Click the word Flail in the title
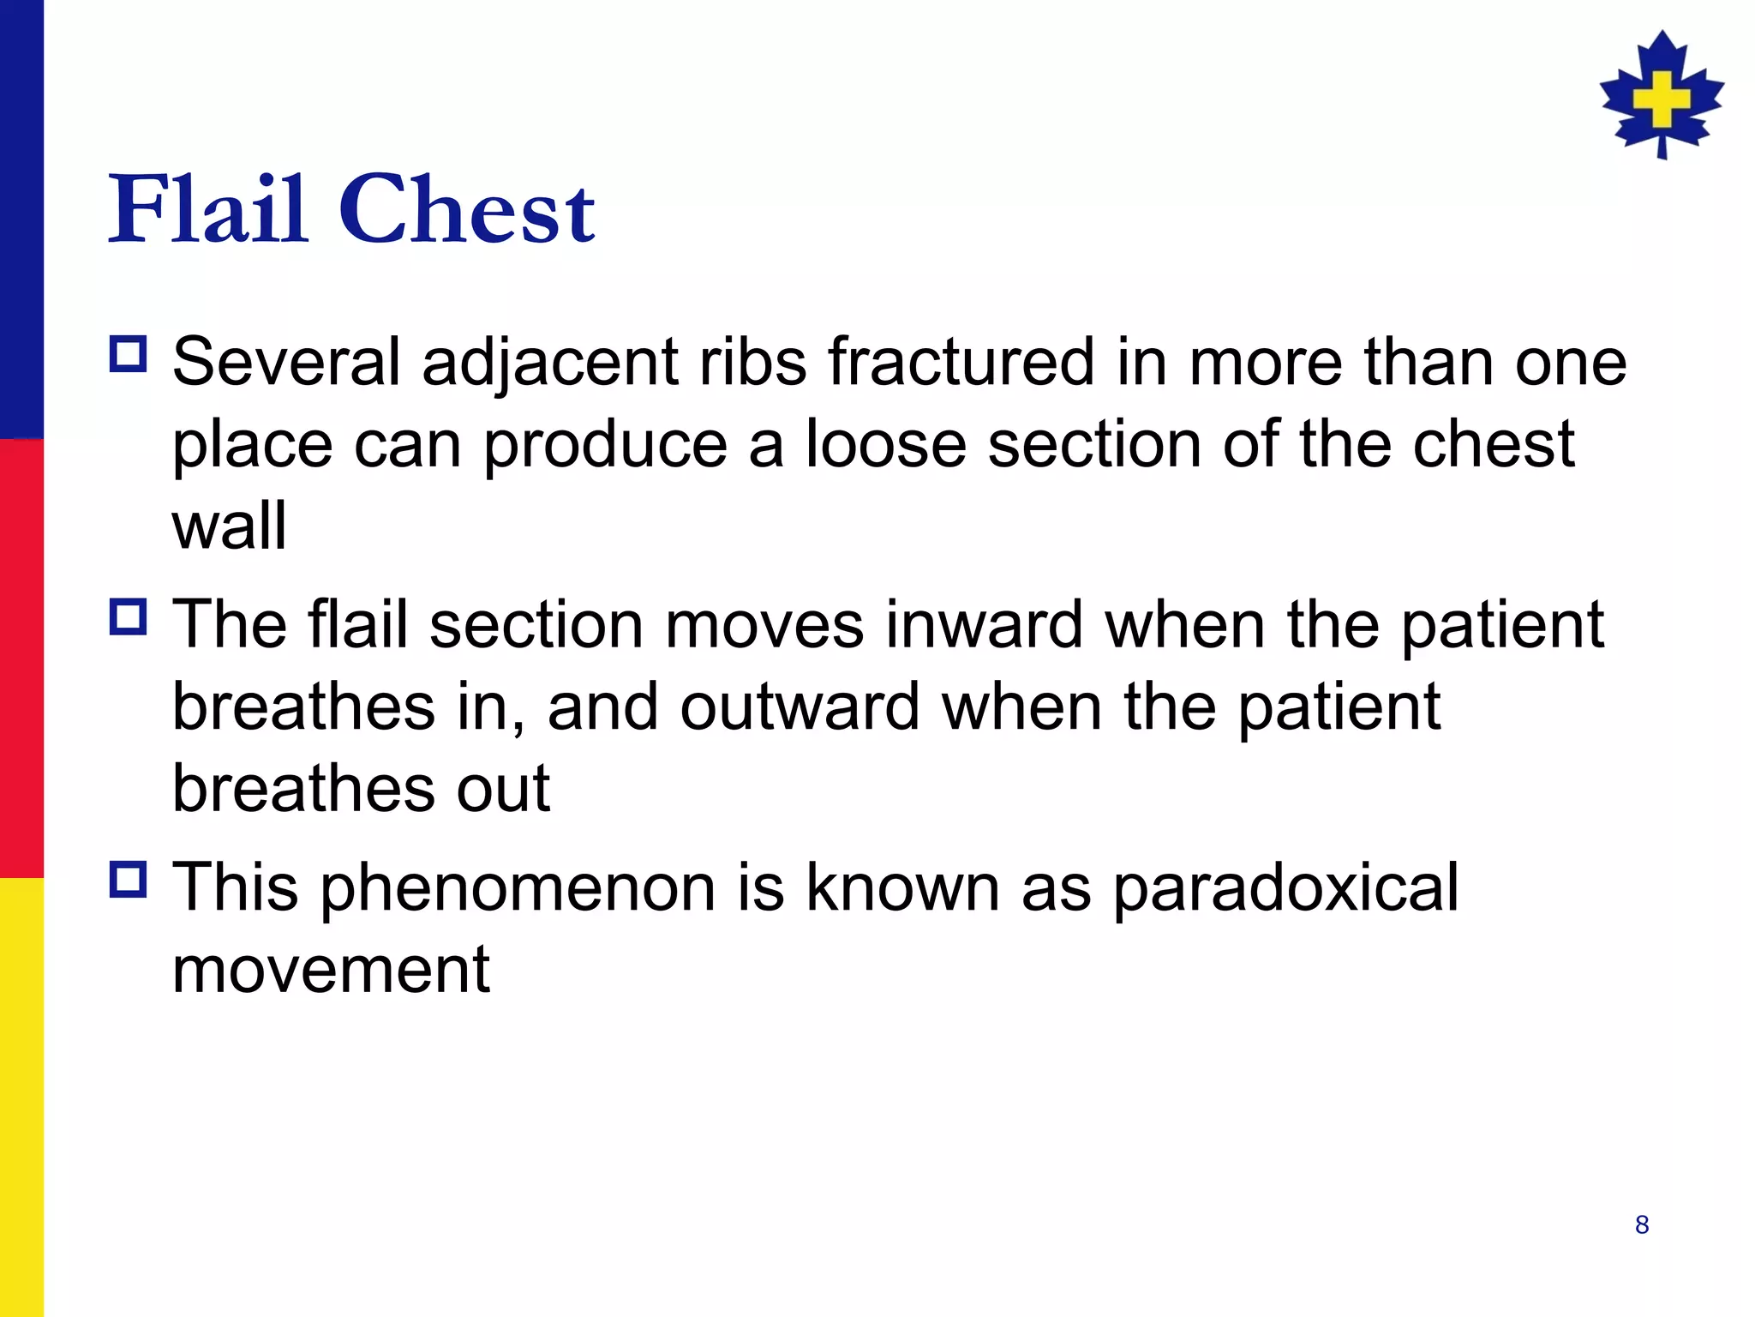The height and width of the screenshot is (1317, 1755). pyautogui.click(x=207, y=210)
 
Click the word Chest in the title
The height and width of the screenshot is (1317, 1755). pyautogui.click(x=467, y=210)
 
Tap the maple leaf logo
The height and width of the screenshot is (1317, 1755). pyautogui.click(x=1662, y=95)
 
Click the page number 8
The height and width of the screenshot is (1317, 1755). pyautogui.click(x=1642, y=1224)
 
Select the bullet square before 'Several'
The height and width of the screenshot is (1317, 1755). pyautogui.click(x=129, y=353)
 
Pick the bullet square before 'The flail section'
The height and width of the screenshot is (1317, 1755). pyautogui.click(x=129, y=616)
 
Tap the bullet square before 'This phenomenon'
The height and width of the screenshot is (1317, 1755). pyautogui.click(x=129, y=879)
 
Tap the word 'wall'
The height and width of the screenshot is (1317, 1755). pyautogui.click(x=229, y=526)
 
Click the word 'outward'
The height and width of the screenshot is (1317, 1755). pyautogui.click(x=800, y=707)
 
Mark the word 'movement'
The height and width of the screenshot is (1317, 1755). pyautogui.click(x=331, y=970)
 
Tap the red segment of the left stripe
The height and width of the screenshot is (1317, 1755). pyautogui.click(x=21, y=658)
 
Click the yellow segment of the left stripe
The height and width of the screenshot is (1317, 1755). pyautogui.click(x=21, y=1097)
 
